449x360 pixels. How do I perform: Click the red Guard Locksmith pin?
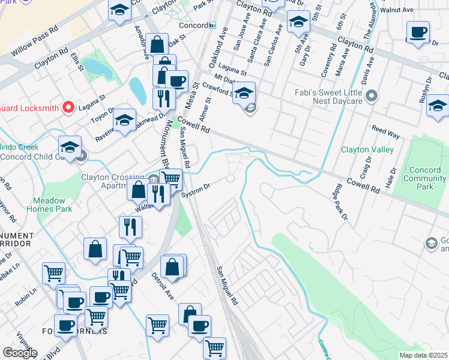(x=68, y=107)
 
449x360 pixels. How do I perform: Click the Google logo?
(x=20, y=353)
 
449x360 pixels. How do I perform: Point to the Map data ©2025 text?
(x=423, y=355)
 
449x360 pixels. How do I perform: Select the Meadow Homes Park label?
(x=49, y=205)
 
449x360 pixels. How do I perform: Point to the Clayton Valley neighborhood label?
(x=367, y=149)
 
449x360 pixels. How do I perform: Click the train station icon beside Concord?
(x=212, y=25)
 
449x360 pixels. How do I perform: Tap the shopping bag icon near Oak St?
(x=157, y=44)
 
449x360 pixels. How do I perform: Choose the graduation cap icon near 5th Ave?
(x=298, y=22)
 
